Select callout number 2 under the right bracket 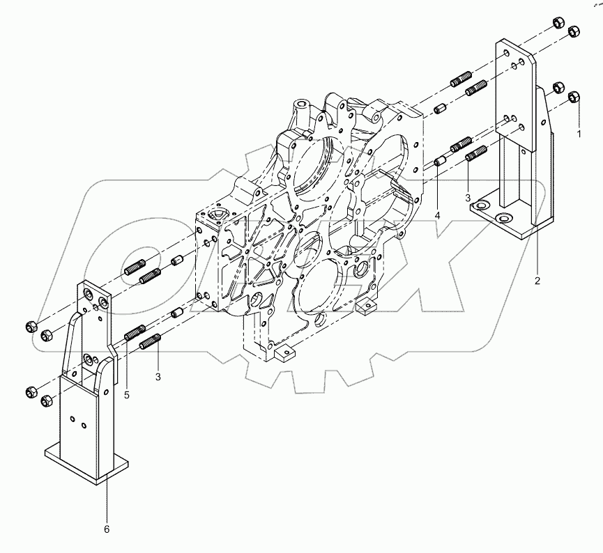coord(537,281)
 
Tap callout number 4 coord(437,217)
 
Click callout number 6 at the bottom coord(107,529)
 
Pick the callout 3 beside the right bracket coord(468,198)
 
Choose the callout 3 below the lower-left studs coord(158,377)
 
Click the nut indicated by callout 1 coord(575,97)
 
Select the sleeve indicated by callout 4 coord(439,162)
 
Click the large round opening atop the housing coord(313,166)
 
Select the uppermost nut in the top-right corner coord(558,21)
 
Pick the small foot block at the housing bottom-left coord(283,355)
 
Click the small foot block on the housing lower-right coord(367,305)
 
